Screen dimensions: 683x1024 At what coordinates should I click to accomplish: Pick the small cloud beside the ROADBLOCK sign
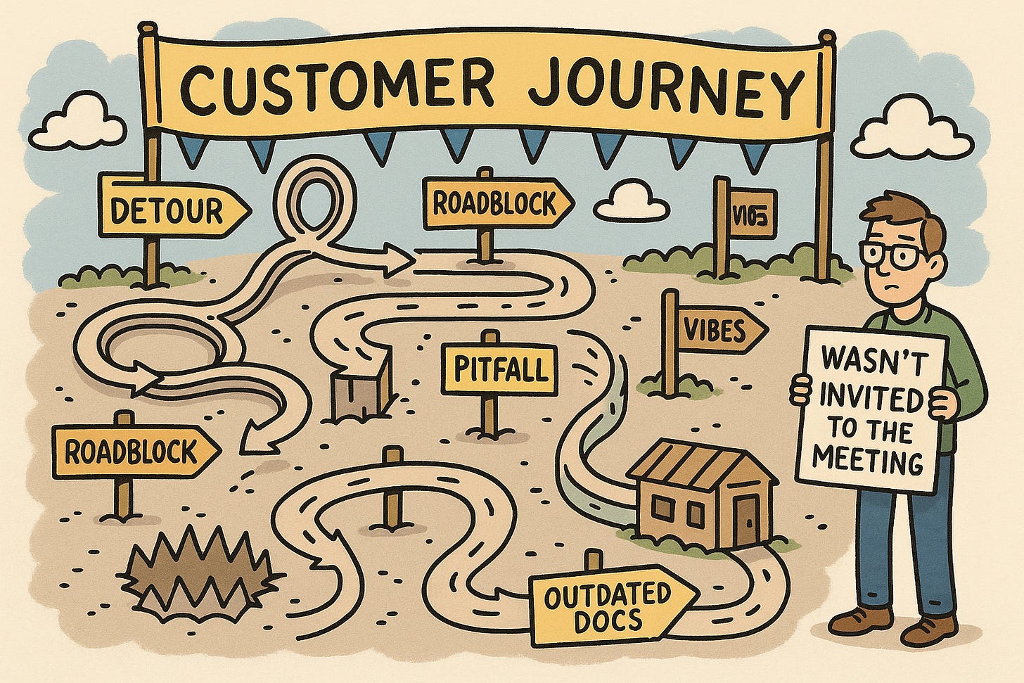click(630, 202)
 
